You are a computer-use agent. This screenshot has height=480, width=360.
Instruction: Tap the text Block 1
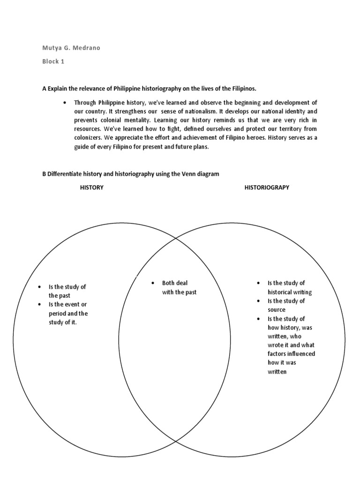point(53,61)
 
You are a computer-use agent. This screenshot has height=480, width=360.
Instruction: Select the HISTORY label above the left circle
point(92,187)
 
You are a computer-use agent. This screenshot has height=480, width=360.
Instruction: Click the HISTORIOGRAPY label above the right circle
point(267,187)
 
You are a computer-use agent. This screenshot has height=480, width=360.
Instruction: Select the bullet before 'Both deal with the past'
point(153,283)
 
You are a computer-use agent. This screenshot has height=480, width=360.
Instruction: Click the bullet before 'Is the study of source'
point(258,301)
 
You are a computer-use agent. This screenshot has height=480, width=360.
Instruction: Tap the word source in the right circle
point(277,310)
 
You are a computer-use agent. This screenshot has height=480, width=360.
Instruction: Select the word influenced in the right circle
point(300,354)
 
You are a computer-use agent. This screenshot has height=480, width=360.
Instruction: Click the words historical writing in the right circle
point(290,292)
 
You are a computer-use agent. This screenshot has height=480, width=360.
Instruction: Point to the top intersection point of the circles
point(175,239)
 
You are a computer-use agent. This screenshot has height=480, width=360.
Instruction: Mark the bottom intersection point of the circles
point(175,441)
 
